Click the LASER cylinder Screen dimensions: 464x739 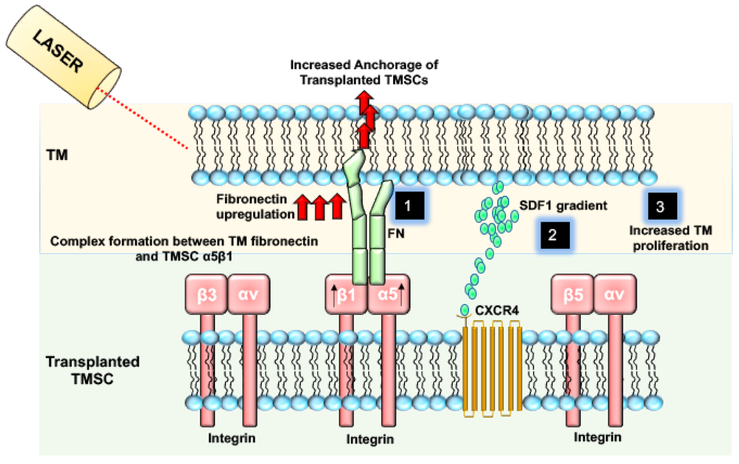click(x=63, y=57)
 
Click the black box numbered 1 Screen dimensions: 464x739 click(x=409, y=206)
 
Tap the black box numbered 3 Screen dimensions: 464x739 click(x=662, y=206)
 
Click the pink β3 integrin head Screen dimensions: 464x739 click(x=206, y=294)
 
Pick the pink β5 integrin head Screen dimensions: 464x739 click(x=572, y=294)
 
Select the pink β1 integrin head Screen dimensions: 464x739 click(x=346, y=294)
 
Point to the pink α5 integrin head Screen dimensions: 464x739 click(x=388, y=294)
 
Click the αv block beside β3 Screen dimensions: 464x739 click(x=248, y=294)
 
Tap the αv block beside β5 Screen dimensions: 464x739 click(x=614, y=294)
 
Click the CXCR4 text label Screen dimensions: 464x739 click(x=497, y=310)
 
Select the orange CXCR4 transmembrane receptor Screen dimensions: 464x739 click(x=492, y=368)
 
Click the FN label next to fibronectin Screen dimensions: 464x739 click(x=395, y=234)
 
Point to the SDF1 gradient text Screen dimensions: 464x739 click(x=563, y=205)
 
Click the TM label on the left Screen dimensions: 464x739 click(x=57, y=155)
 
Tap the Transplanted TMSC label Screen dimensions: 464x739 click(x=92, y=370)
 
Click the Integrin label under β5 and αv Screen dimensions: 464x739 click(x=597, y=437)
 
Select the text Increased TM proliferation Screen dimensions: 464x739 click(x=670, y=238)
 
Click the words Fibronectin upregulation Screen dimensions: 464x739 click(x=255, y=206)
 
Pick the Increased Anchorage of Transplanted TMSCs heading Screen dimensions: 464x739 click(x=364, y=72)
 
